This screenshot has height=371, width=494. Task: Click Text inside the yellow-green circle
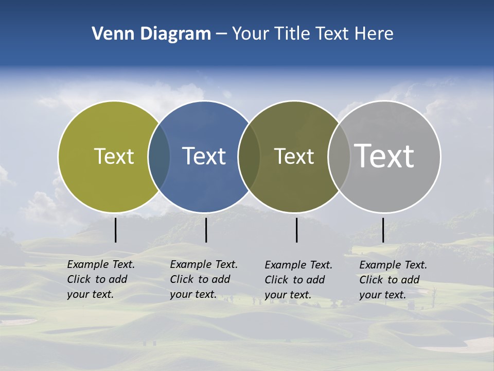(114, 156)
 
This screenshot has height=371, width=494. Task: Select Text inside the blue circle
(204, 156)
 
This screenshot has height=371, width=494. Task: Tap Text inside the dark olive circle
(294, 156)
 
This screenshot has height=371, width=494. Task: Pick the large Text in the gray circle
(384, 156)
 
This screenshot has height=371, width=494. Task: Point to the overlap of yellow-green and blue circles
(159, 157)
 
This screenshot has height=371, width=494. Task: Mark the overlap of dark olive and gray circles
(339, 157)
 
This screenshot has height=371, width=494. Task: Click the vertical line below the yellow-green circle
(116, 230)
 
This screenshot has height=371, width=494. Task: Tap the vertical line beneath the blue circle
(206, 230)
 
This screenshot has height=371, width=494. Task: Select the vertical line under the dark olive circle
(296, 230)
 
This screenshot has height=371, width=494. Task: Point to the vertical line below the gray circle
(383, 230)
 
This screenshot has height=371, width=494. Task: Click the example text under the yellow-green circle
(101, 279)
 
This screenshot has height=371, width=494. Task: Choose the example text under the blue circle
(204, 279)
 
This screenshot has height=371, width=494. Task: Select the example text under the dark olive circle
(298, 280)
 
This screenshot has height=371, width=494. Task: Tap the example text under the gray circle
(393, 280)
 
